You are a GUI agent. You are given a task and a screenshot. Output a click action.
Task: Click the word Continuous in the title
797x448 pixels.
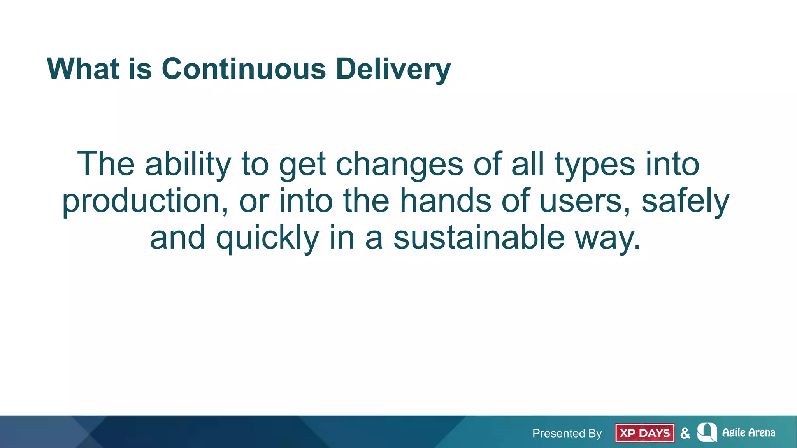tap(244, 69)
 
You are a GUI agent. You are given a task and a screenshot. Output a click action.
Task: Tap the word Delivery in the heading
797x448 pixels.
tap(393, 69)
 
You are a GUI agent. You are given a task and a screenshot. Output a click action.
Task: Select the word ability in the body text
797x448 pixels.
tap(188, 164)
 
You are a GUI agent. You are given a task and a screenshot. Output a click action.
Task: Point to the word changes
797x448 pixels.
tap(399, 164)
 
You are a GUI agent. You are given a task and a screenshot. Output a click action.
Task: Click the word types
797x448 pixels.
tap(595, 164)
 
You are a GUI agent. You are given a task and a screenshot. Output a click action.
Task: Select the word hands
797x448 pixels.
tap(446, 201)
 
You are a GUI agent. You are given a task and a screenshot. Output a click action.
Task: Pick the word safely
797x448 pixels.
tap(685, 201)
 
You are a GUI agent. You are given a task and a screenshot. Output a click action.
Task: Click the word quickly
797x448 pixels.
tap(267, 238)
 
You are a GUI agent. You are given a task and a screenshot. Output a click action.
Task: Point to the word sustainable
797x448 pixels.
tap(479, 238)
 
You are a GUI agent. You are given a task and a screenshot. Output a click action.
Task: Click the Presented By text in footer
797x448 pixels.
tap(567, 433)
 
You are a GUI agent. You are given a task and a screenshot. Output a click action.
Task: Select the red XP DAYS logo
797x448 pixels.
tap(645, 433)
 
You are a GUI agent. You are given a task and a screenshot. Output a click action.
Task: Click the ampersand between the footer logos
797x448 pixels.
tap(685, 433)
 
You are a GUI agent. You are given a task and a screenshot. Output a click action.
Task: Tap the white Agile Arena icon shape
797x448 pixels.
tap(707, 432)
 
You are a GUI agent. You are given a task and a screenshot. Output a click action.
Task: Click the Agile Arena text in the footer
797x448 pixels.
tap(748, 432)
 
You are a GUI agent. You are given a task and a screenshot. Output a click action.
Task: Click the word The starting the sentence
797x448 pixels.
tap(106, 164)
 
